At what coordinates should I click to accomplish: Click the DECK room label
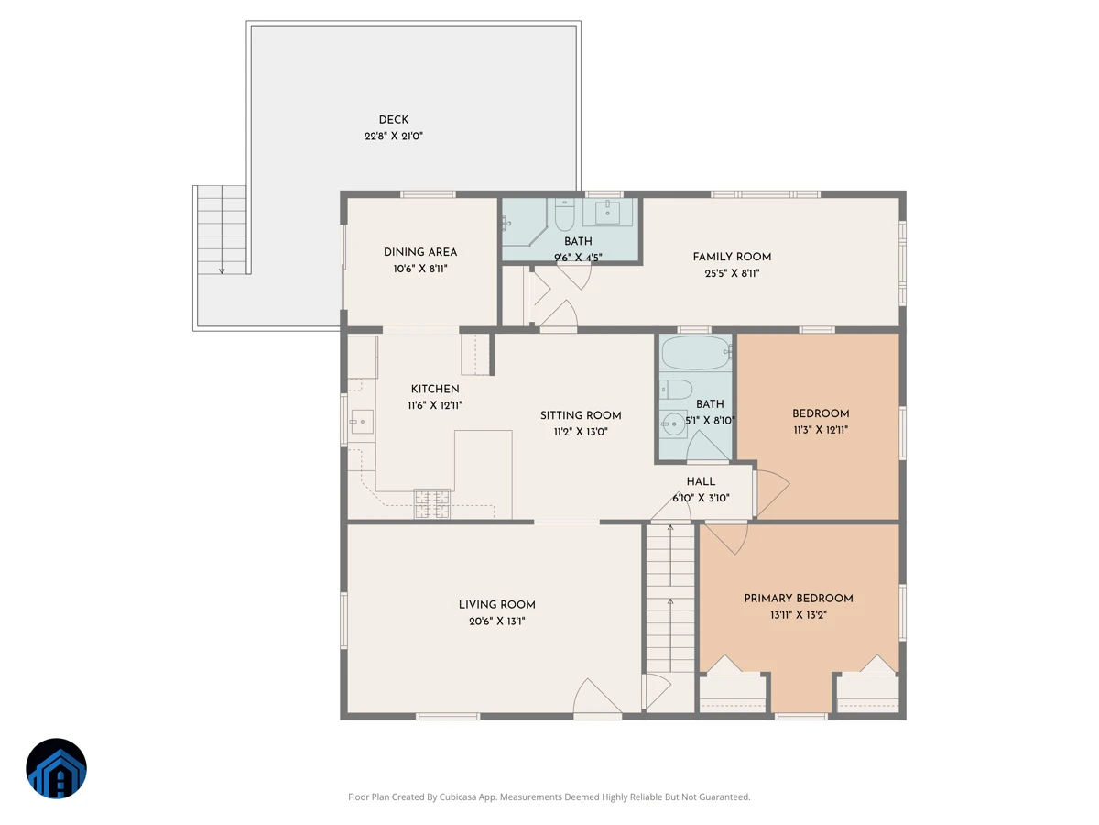click(x=393, y=120)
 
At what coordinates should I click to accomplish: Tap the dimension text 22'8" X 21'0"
click(x=394, y=137)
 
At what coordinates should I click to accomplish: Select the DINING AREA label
click(x=420, y=252)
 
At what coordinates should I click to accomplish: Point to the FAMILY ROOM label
click(x=732, y=257)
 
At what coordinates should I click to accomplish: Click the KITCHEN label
click(x=435, y=389)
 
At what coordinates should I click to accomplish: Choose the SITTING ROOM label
click(x=581, y=415)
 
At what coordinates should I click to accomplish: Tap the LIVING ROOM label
click(x=496, y=605)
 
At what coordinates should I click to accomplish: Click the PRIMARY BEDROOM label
click(x=798, y=598)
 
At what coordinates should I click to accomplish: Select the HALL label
click(x=701, y=481)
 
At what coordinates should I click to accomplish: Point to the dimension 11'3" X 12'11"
click(x=820, y=430)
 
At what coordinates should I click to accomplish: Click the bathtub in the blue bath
click(x=696, y=353)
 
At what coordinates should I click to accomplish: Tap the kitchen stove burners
click(x=431, y=503)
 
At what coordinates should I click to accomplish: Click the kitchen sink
click(x=361, y=422)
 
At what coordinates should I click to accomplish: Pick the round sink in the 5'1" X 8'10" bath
click(x=673, y=424)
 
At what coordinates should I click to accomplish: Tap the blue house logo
click(x=56, y=768)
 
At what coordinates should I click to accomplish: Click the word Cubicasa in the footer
click(x=458, y=797)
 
